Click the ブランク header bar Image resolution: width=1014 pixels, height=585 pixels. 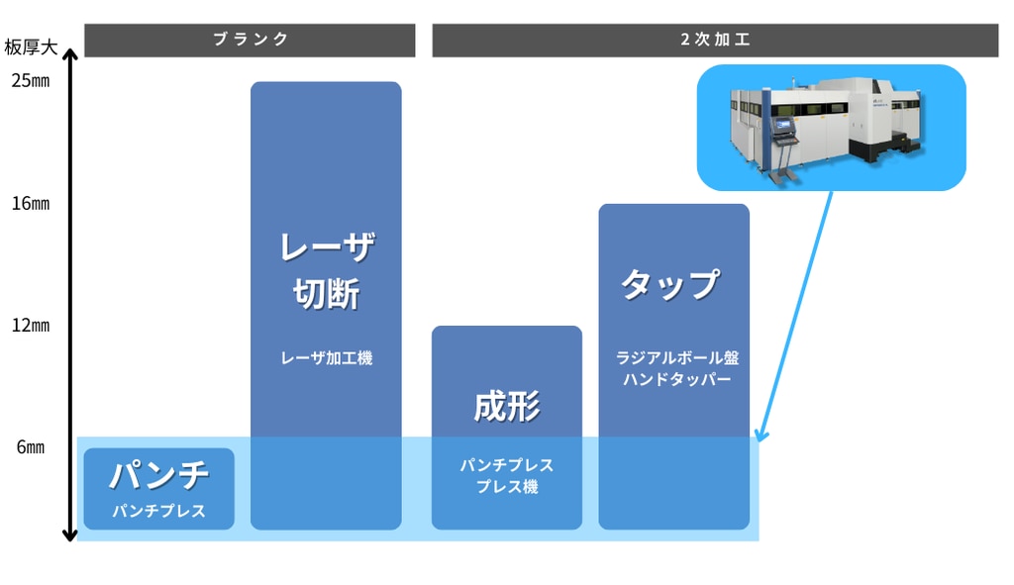coord(251,40)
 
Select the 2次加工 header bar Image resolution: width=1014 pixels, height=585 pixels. coord(715,40)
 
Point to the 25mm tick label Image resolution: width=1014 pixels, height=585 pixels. coord(31,81)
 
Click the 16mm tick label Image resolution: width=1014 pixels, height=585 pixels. coord(31,204)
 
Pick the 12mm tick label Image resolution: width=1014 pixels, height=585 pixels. coord(31,326)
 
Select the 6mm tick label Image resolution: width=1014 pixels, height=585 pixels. coord(31,447)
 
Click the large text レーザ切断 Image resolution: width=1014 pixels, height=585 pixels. coord(326,270)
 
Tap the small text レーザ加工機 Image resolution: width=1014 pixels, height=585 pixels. coord(326,358)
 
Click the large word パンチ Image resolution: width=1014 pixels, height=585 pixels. coord(158,476)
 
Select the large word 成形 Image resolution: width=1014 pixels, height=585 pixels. coord(506,406)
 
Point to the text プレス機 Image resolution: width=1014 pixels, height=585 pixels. coord(506,487)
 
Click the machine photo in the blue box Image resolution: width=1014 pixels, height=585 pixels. coord(830,128)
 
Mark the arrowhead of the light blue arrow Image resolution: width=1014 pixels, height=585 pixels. coord(760,437)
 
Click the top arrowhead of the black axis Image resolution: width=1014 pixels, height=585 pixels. coord(69,57)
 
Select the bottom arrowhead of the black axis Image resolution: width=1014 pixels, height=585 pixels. coord(69,536)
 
